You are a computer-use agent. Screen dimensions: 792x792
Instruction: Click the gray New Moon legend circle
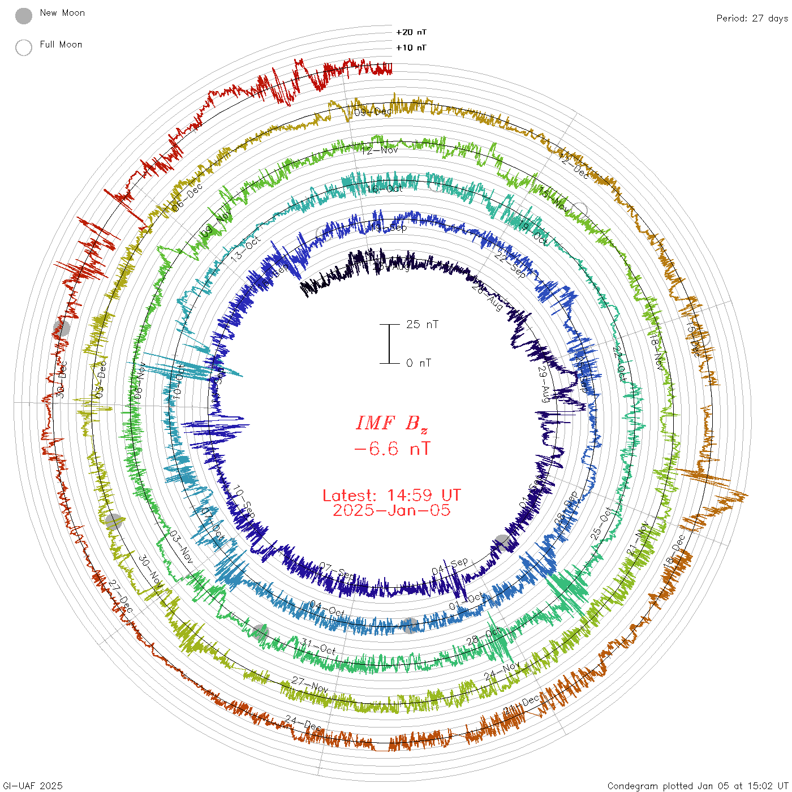pyautogui.click(x=24, y=16)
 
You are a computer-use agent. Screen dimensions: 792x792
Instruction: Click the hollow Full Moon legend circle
pyautogui.click(x=24, y=48)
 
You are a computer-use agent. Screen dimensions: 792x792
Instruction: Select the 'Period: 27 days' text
pyautogui.click(x=752, y=18)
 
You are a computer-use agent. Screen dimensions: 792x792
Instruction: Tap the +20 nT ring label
pyautogui.click(x=411, y=32)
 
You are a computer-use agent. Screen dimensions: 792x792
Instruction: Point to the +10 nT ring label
pyautogui.click(x=411, y=48)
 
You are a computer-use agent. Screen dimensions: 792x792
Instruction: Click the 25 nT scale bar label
pyautogui.click(x=422, y=324)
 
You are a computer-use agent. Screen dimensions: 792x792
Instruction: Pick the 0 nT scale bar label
pyautogui.click(x=419, y=363)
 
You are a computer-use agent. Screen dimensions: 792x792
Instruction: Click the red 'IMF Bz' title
pyautogui.click(x=391, y=423)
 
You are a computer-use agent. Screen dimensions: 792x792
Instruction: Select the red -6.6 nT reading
pyautogui.click(x=391, y=449)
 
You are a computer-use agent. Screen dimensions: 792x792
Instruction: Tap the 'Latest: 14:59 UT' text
pyautogui.click(x=391, y=495)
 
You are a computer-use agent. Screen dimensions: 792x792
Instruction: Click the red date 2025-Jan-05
pyautogui.click(x=391, y=510)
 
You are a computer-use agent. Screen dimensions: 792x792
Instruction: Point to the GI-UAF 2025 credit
pyautogui.click(x=33, y=786)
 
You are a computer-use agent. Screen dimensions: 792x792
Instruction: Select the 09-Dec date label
pyautogui.click(x=373, y=112)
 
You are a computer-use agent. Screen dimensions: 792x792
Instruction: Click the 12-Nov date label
pyautogui.click(x=380, y=150)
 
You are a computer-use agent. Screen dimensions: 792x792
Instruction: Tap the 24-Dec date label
pyautogui.click(x=304, y=723)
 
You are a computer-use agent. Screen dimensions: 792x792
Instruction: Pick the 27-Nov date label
pyautogui.click(x=310, y=685)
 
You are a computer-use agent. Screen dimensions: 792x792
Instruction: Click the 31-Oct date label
pyautogui.click(x=318, y=647)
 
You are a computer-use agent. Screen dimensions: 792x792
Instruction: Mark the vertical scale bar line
pyautogui.click(x=389, y=343)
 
